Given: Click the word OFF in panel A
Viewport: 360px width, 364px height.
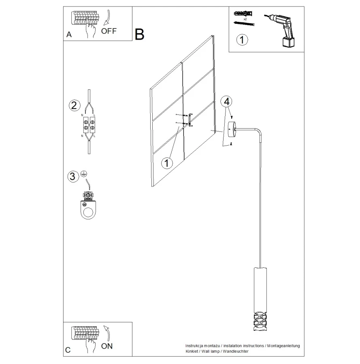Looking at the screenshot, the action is [x=109, y=31].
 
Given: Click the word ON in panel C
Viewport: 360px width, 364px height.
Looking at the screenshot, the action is [x=107, y=346].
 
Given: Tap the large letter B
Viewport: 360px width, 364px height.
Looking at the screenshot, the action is [x=139, y=34].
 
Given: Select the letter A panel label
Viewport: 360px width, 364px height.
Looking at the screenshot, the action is [x=69, y=34].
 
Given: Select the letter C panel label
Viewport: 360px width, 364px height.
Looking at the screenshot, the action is [x=68, y=350].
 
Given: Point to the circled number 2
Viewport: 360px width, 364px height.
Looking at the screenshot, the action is [x=75, y=106].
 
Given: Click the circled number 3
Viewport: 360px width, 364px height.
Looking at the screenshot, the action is [x=73, y=176].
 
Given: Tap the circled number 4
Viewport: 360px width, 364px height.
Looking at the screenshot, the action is [x=227, y=102].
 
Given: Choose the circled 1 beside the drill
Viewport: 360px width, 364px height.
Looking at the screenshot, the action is [x=242, y=40].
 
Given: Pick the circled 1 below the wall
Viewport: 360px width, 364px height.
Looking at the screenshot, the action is [x=167, y=163].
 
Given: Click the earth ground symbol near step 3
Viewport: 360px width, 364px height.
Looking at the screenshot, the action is [x=84, y=174].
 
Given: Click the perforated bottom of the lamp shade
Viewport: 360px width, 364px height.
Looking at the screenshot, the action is [x=260, y=321].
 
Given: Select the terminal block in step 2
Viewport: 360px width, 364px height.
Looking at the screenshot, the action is [x=89, y=125].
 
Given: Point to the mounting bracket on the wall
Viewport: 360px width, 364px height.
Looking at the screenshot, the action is [x=191, y=120].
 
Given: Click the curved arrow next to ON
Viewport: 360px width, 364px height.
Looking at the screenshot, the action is [x=107, y=333].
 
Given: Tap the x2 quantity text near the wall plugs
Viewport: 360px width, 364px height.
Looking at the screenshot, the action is [x=245, y=19].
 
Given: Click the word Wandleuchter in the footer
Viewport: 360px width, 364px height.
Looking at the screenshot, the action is [x=235, y=351].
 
